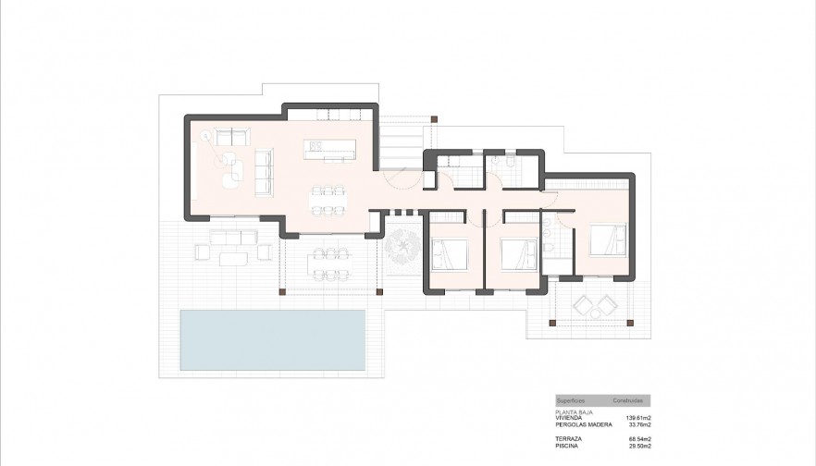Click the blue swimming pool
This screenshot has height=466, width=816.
[272, 339]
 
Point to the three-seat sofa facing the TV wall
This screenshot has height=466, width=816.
[263, 173]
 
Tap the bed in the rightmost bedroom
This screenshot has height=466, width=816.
[609, 239]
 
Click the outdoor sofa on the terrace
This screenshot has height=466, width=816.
[231, 239]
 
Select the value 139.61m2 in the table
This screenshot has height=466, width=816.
[637, 418]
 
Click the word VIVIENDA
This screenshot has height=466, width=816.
[569, 418]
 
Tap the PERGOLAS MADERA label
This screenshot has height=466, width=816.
[579, 424]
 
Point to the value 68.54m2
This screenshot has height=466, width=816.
[638, 438]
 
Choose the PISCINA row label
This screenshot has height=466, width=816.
[566, 445]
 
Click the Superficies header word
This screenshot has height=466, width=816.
[571, 401]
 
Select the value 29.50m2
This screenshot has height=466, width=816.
[638, 445]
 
